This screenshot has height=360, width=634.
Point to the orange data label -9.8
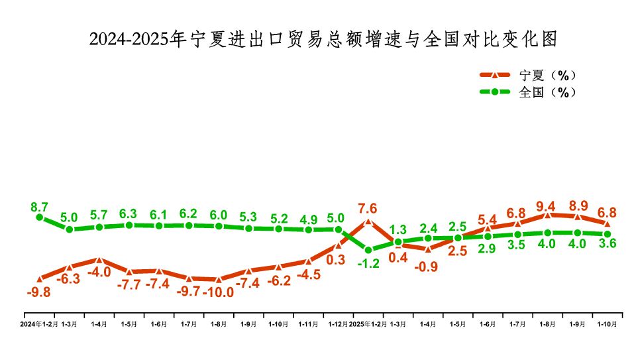40,291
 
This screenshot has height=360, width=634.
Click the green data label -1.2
368,263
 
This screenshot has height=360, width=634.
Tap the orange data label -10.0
219,292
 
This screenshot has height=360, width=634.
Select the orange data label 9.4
547,205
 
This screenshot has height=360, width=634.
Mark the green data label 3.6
607,243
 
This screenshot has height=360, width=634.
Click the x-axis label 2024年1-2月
39,324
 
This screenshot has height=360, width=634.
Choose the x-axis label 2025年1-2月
368,324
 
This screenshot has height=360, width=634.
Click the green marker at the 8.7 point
40,217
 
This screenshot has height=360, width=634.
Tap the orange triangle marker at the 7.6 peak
368,221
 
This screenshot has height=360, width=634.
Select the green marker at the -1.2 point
368,250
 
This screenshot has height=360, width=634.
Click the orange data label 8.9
577,205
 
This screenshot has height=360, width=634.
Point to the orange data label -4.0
99,271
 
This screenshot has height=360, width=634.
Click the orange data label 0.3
336,260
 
